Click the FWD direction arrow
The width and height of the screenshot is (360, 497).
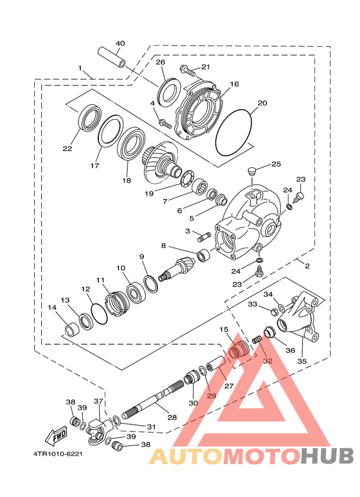point(57,435)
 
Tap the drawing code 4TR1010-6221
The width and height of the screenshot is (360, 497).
point(58,454)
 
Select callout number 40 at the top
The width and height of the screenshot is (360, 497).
point(120,43)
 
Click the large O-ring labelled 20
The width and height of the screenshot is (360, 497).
point(233,132)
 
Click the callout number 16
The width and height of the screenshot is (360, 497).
point(235,84)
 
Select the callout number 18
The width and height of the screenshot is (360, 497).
point(127,181)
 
